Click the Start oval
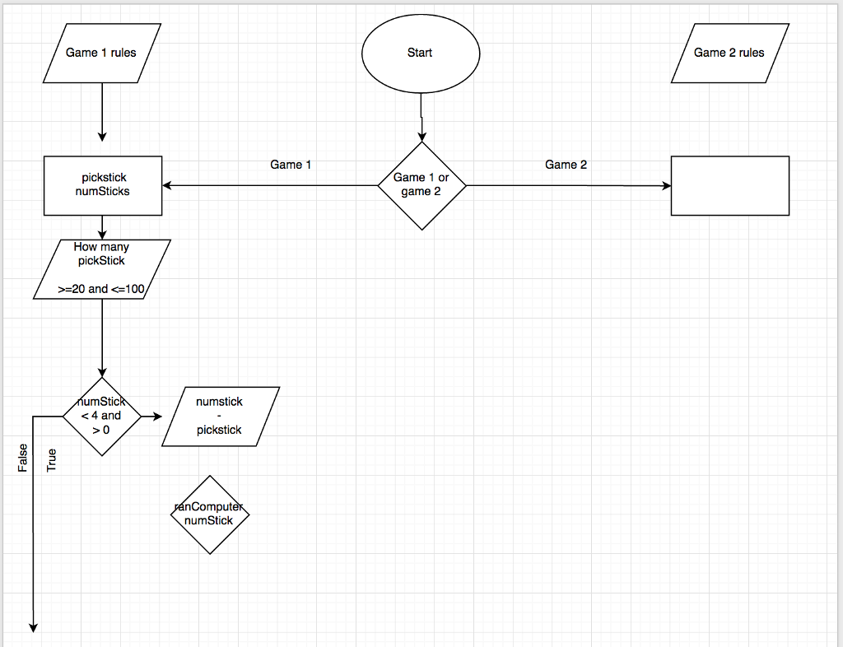click(420, 54)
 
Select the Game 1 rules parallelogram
click(101, 54)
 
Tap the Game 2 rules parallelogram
click(729, 54)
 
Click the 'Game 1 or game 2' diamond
click(421, 186)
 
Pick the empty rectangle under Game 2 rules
click(729, 186)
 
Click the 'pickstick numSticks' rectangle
click(103, 186)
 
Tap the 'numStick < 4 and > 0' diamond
click(102, 417)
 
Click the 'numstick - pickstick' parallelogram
click(220, 417)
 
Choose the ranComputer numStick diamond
click(210, 514)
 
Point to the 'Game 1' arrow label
click(291, 165)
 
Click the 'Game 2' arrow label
click(566, 165)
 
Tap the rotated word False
click(23, 458)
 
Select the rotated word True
click(52, 459)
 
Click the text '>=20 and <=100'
click(101, 289)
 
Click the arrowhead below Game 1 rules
click(102, 136)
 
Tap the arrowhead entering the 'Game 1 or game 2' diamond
click(421, 137)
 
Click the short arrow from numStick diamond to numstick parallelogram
click(151, 417)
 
